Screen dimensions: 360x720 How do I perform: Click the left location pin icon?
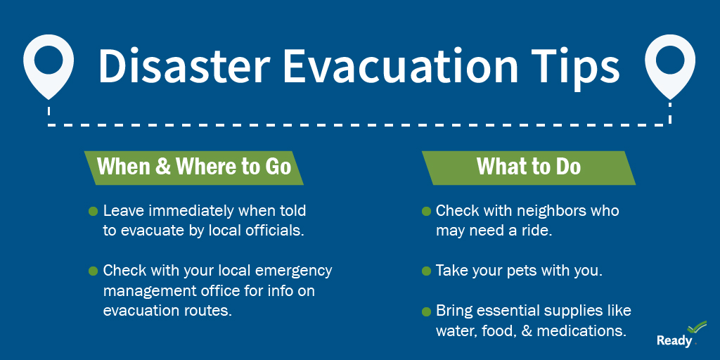48,63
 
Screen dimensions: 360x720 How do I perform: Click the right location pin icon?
669,63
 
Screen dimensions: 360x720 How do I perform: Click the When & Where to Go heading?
194,167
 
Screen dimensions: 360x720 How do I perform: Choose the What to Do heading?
529,167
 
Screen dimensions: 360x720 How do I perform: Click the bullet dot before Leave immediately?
93,211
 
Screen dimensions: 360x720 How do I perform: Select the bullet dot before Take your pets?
426,271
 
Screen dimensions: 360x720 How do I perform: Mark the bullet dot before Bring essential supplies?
426,311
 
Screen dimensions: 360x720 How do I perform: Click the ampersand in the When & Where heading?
162,167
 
